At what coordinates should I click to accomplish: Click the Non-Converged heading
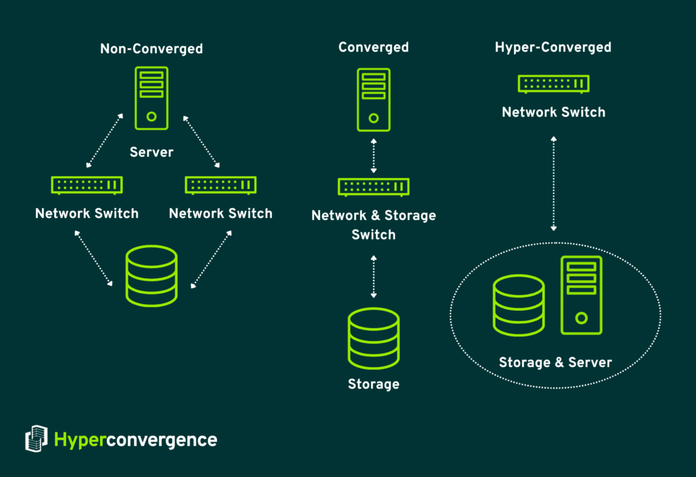point(152,49)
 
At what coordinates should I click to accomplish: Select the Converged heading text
point(373,48)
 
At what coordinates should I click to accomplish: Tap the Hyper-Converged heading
point(553,48)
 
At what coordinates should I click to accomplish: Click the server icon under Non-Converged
point(152,98)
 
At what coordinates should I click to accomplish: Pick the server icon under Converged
point(373,99)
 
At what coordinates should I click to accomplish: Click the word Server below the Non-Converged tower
point(152,152)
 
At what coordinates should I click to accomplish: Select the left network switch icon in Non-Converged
point(87,185)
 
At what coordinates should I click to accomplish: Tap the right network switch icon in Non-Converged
point(221,185)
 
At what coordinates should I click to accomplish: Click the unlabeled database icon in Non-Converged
point(152,276)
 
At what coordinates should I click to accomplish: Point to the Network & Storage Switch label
point(373,225)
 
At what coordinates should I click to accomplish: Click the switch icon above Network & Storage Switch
point(373,187)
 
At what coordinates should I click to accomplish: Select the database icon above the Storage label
point(373,338)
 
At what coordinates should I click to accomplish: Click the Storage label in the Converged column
point(373,385)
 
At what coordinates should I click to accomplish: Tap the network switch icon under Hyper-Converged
point(553,84)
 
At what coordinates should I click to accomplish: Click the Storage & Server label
point(555,363)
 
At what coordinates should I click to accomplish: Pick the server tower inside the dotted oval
point(581,295)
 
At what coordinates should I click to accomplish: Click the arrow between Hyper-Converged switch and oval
point(554,183)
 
